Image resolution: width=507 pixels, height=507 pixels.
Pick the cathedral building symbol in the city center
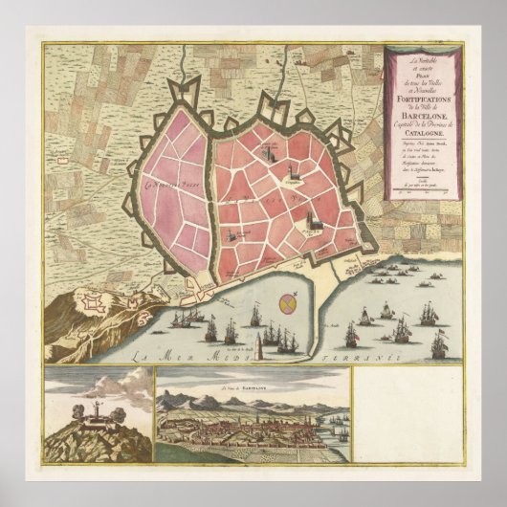coord(311,224)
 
